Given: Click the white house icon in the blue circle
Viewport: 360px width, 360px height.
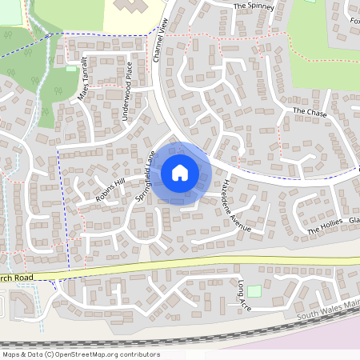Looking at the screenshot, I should tap(179, 172).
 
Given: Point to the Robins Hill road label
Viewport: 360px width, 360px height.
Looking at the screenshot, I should tap(111, 189).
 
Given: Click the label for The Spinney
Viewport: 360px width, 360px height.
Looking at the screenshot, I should tap(254, 6).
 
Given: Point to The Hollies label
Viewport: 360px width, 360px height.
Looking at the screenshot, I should tap(325, 226).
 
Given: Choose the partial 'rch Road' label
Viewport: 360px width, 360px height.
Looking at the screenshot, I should tap(18, 278).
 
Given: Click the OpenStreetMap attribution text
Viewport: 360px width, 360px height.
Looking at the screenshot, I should tap(81, 354).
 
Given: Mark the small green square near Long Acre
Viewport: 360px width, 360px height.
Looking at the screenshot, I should tap(254, 291).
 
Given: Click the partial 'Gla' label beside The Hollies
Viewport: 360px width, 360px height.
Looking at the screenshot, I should tap(354, 219).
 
